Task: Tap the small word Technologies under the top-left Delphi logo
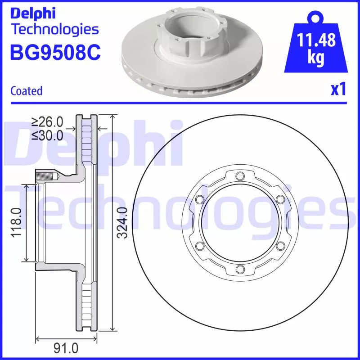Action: (54, 30)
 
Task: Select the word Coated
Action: (26, 91)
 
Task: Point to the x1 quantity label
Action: (338, 90)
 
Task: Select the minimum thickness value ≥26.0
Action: (47, 122)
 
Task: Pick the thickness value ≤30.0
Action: (47, 135)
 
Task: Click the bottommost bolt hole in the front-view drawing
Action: (239, 269)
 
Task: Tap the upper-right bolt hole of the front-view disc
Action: (280, 199)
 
